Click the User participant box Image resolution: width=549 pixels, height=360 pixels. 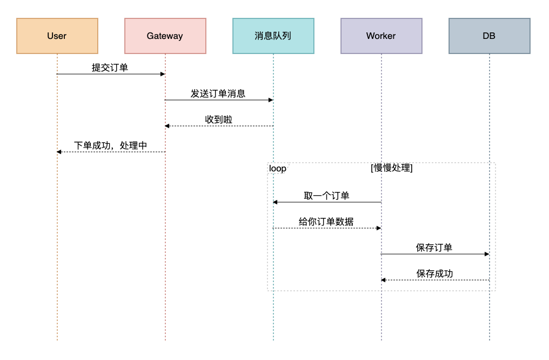coord(57,36)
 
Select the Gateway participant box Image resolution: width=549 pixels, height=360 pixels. coord(165,36)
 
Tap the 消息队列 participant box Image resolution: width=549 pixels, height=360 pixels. coord(273,36)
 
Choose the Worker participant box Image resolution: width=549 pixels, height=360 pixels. coord(381,36)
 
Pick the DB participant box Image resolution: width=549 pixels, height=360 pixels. coord(489,36)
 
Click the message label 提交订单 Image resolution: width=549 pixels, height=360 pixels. coord(110,68)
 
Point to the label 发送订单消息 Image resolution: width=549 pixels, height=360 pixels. coord(218,94)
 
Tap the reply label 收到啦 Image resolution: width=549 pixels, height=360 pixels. coord(219,119)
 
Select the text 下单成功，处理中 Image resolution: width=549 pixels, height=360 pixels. coord(110,145)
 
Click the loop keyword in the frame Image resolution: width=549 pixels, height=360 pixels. coord(278,169)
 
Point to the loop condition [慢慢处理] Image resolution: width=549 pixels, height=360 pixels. coord(392,168)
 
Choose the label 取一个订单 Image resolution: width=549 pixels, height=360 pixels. coord(326,196)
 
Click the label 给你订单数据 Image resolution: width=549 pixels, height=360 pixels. coord(326,222)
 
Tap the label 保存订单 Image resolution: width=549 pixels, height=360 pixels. coord(434,248)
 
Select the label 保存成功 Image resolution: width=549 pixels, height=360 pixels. coord(434,274)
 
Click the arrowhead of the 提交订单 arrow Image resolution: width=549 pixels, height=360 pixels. coord(162,74)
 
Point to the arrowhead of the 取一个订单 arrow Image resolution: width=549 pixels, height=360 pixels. coord(276,202)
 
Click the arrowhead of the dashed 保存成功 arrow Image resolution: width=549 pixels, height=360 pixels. coord(384,280)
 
